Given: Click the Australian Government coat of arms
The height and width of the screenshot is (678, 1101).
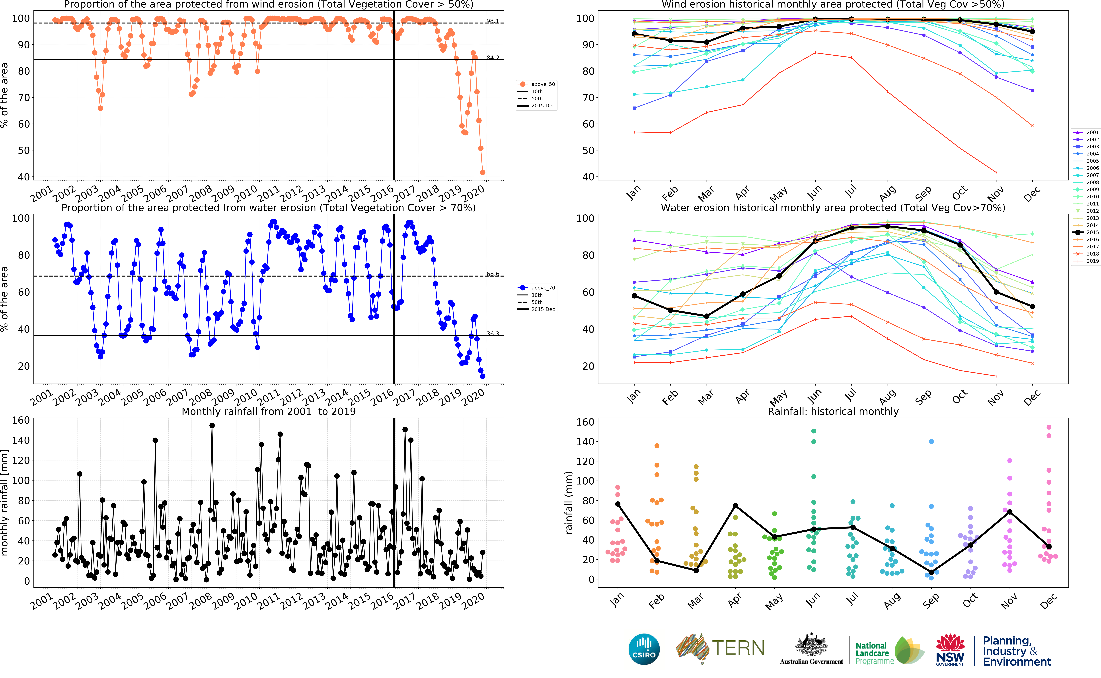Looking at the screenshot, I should pyautogui.click(x=811, y=646).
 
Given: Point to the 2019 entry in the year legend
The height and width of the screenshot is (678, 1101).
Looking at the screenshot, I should pyautogui.click(x=1092, y=261).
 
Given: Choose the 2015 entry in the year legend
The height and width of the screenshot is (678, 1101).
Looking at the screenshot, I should pyautogui.click(x=1092, y=232).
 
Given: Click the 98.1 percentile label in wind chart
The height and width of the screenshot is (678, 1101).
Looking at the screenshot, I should pyautogui.click(x=492, y=21).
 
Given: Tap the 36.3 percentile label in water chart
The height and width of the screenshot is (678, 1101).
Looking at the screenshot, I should pyautogui.click(x=492, y=334).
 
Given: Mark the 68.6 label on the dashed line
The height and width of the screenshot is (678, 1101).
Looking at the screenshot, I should pyautogui.click(x=492, y=274).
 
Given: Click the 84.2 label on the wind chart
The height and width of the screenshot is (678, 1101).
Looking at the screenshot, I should pyautogui.click(x=492, y=58).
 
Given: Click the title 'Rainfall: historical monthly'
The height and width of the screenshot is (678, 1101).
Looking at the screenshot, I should pyautogui.click(x=833, y=412).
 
